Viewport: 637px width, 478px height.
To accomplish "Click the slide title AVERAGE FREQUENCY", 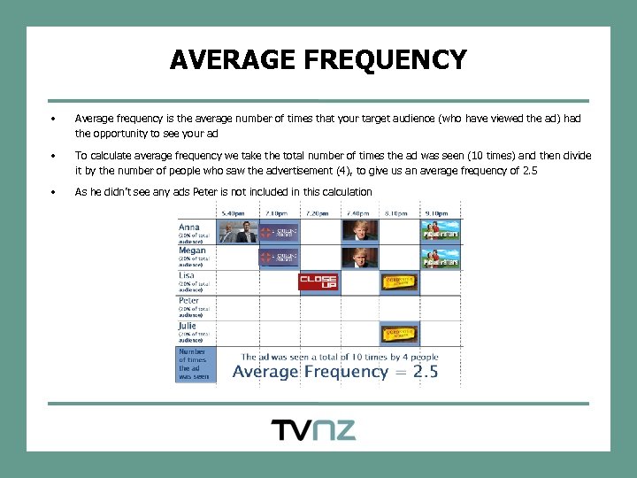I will pyautogui.click(x=318, y=59).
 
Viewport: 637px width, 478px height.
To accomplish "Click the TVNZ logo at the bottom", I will pyautogui.click(x=313, y=430).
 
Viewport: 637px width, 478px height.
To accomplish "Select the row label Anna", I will pyautogui.click(x=190, y=227).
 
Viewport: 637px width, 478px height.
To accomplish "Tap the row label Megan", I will pyautogui.click(x=192, y=251).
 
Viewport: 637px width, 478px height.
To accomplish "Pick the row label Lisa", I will pyautogui.click(x=188, y=275).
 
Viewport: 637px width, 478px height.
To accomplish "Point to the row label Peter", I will pyautogui.click(x=189, y=300).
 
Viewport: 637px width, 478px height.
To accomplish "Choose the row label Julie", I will pyautogui.click(x=188, y=326).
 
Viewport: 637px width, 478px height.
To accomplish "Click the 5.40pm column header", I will pyautogui.click(x=235, y=213).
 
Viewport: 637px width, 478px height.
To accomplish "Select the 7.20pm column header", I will pyautogui.click(x=317, y=213).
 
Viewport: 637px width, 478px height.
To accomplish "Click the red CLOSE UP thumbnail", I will pyautogui.click(x=318, y=282).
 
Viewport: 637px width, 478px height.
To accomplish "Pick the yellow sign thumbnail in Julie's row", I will pyautogui.click(x=399, y=334).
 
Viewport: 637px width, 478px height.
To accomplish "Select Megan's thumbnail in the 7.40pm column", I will pyautogui.click(x=359, y=258).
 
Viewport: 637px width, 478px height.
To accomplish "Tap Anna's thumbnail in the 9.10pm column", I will pyautogui.click(x=440, y=232).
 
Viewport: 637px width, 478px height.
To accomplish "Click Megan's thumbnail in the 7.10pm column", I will pyautogui.click(x=278, y=258).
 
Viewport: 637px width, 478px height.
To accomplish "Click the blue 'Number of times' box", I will pyautogui.click(x=196, y=364).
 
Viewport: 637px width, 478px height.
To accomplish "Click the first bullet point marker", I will pyautogui.click(x=54, y=118).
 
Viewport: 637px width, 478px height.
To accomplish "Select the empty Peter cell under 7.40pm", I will pyautogui.click(x=359, y=308).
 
